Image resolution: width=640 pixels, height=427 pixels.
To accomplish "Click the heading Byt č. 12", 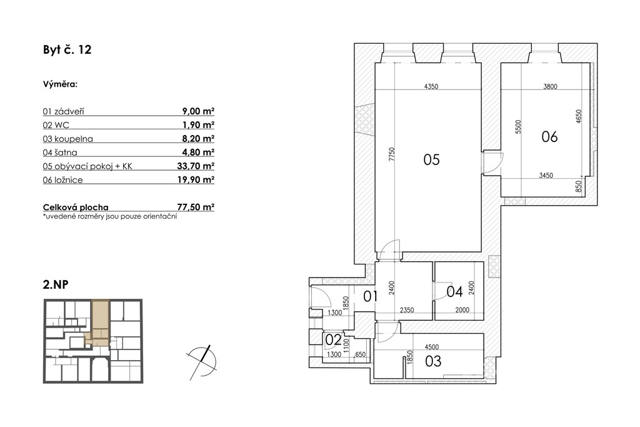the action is (67, 50).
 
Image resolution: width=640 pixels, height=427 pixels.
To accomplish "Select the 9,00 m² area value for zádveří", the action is (198, 111).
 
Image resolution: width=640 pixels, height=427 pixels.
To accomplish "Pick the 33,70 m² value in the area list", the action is (196, 166).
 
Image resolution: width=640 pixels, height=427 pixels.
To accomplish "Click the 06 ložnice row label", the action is (63, 180).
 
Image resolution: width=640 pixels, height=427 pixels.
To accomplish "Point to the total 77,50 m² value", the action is (196, 207).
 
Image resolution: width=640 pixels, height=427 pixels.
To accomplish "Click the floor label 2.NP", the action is (56, 284).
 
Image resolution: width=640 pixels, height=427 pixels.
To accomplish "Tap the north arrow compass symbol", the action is (202, 361).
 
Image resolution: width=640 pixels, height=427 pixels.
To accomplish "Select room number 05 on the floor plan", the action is (431, 159).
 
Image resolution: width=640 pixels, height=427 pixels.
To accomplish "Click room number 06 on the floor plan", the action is (549, 136).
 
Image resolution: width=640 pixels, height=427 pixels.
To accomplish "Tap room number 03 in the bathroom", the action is (433, 361).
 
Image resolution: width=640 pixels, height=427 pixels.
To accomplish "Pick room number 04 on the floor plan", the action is (454, 291).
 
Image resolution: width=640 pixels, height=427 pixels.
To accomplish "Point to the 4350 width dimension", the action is (431, 86).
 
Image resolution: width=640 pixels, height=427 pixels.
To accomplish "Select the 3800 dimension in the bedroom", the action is (550, 86).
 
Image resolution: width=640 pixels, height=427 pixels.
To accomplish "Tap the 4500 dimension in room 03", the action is (431, 347).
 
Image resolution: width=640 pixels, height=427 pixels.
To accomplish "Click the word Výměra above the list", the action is (61, 84).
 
